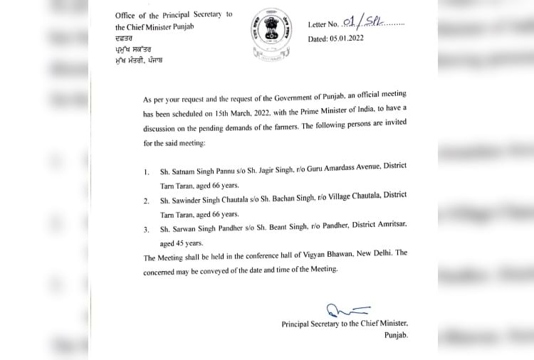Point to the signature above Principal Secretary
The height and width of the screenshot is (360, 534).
[x=347, y=310]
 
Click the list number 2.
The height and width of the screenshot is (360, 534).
[x=146, y=201]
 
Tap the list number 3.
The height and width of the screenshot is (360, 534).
[x=146, y=229]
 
